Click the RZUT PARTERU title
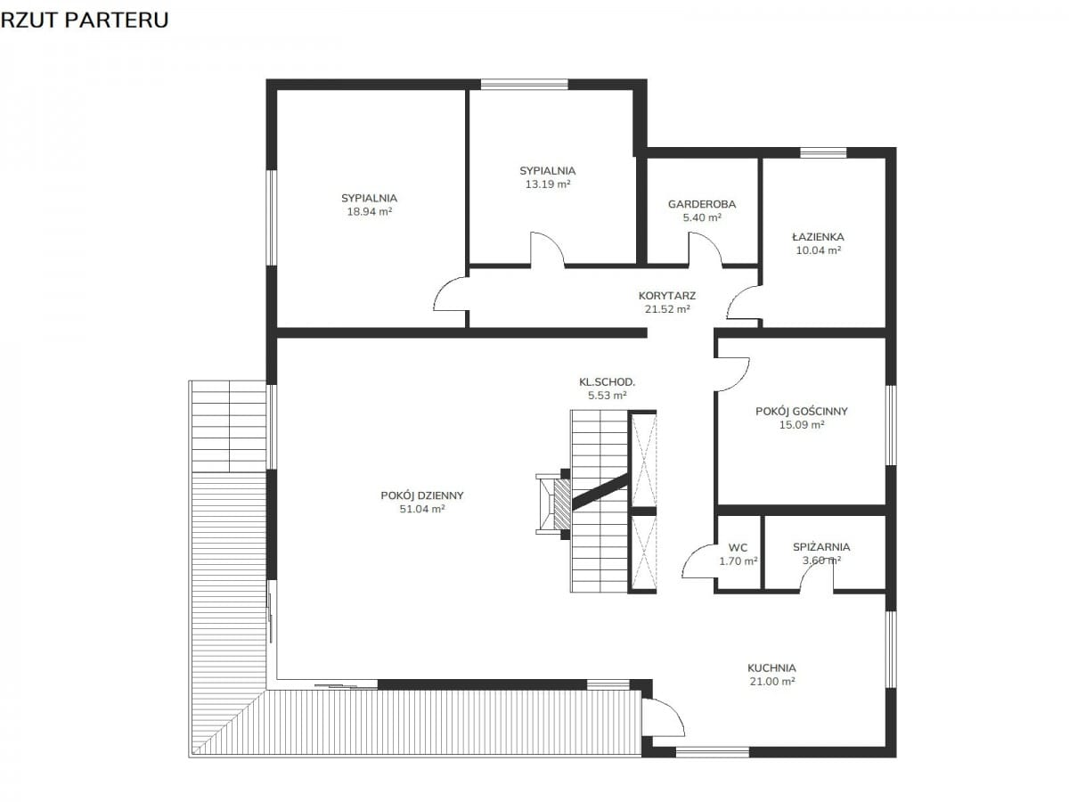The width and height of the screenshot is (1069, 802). tap(85, 20)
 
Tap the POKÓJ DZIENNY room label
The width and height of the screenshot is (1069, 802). tap(421, 495)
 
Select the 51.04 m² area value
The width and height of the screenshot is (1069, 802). tap(421, 509)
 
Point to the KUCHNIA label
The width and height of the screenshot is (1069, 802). tap(771, 668)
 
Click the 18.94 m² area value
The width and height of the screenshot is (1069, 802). tap(369, 212)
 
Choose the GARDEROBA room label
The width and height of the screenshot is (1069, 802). tap(701, 204)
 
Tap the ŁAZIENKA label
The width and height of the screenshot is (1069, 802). tap(818, 237)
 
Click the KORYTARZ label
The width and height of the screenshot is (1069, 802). tap(666, 296)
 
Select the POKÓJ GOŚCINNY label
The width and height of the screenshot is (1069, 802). tap(801, 411)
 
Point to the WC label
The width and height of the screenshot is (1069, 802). tap(738, 547)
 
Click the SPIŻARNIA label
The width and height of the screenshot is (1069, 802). tap(821, 547)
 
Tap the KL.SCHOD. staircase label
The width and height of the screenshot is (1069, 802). tap(607, 382)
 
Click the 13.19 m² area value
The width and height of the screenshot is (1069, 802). tap(547, 184)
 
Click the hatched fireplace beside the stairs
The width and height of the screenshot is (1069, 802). tap(561, 504)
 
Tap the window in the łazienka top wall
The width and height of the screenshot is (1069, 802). tap(823, 153)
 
